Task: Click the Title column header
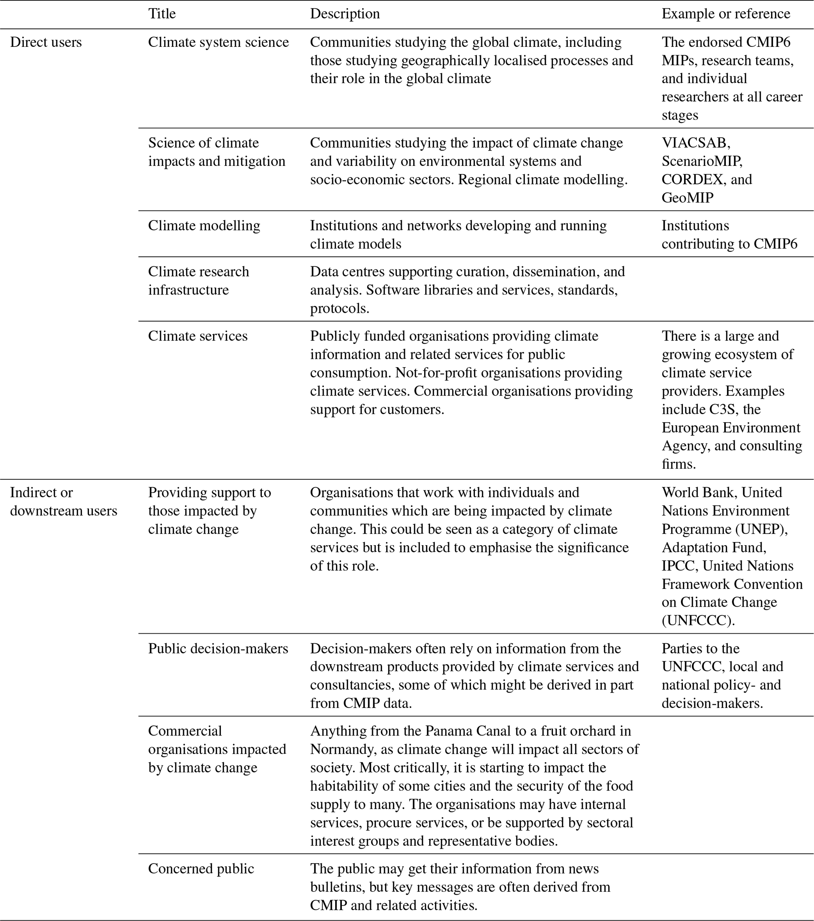point(162,14)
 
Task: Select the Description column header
point(345,14)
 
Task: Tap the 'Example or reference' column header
point(725,14)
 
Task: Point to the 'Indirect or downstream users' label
point(63,501)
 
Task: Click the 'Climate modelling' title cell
point(204,226)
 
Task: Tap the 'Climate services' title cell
point(198,336)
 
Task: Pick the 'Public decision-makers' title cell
point(218,648)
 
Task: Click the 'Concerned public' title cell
point(201,869)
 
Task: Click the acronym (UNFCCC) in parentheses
point(698,620)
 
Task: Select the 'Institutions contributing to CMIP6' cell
point(729,235)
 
